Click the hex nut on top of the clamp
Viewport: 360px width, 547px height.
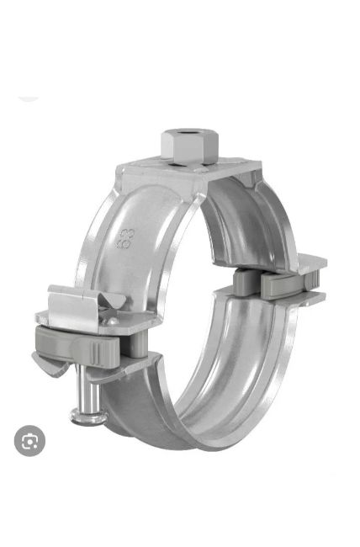click(189, 147)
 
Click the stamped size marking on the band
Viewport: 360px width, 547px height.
click(124, 238)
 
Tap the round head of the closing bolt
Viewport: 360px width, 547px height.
click(88, 417)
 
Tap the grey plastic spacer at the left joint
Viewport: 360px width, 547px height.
click(78, 345)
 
